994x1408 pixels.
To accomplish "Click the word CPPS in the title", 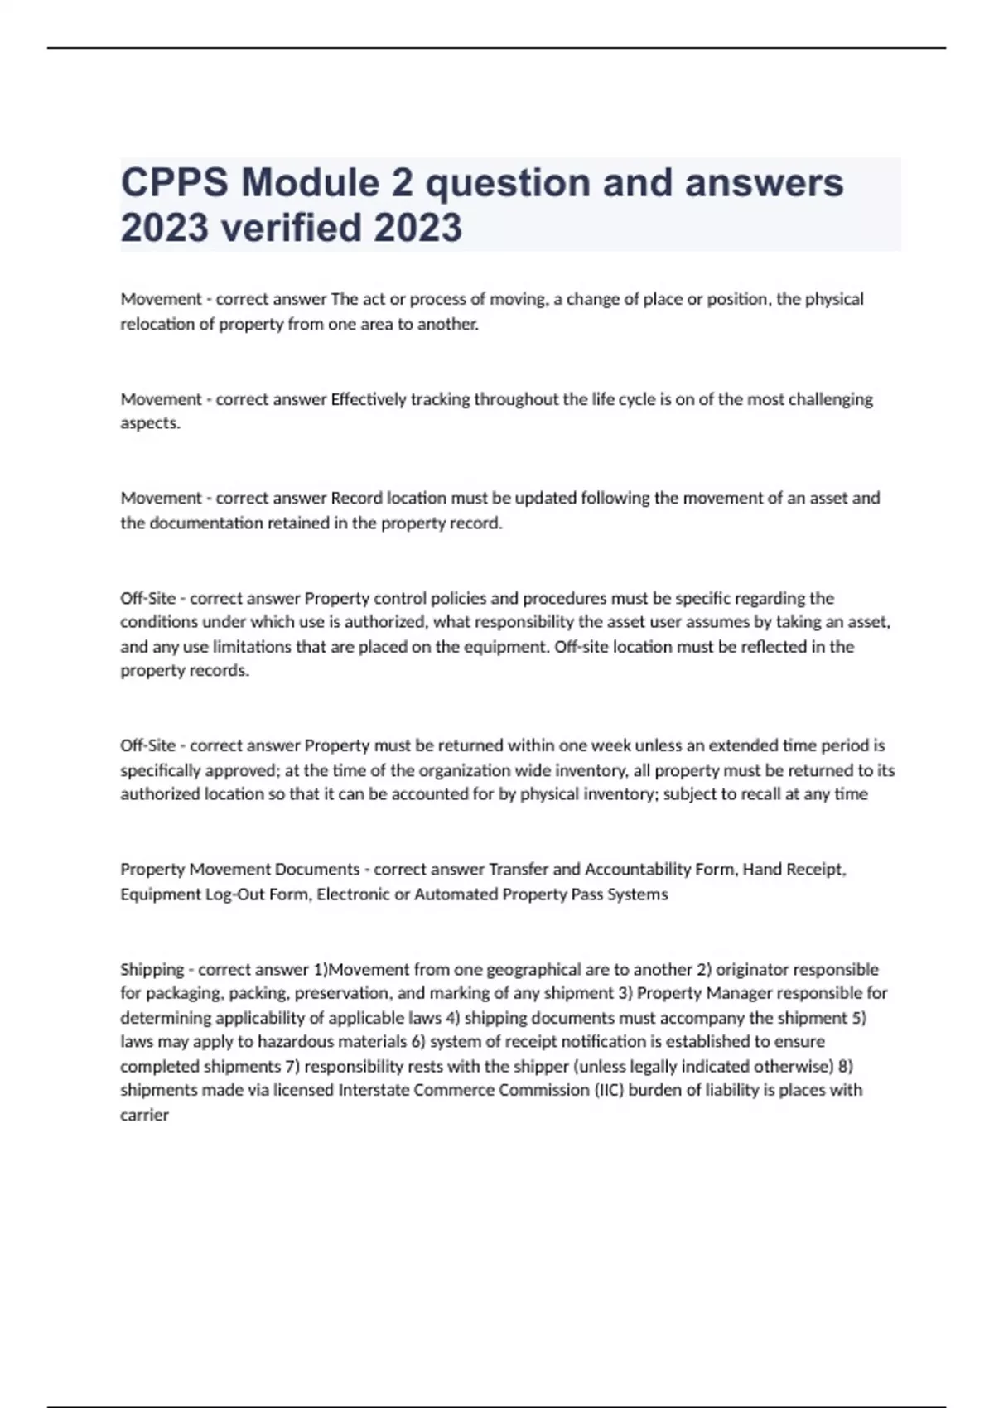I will click(x=174, y=183).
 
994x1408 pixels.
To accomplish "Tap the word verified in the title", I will click(x=292, y=228).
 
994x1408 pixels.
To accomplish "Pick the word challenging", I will click(x=830, y=399).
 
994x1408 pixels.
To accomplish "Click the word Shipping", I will click(x=152, y=969).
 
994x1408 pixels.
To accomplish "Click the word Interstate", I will click(x=374, y=1090).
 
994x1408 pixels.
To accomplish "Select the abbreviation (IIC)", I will click(x=609, y=1090).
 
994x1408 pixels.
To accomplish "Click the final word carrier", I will click(x=144, y=1115).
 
